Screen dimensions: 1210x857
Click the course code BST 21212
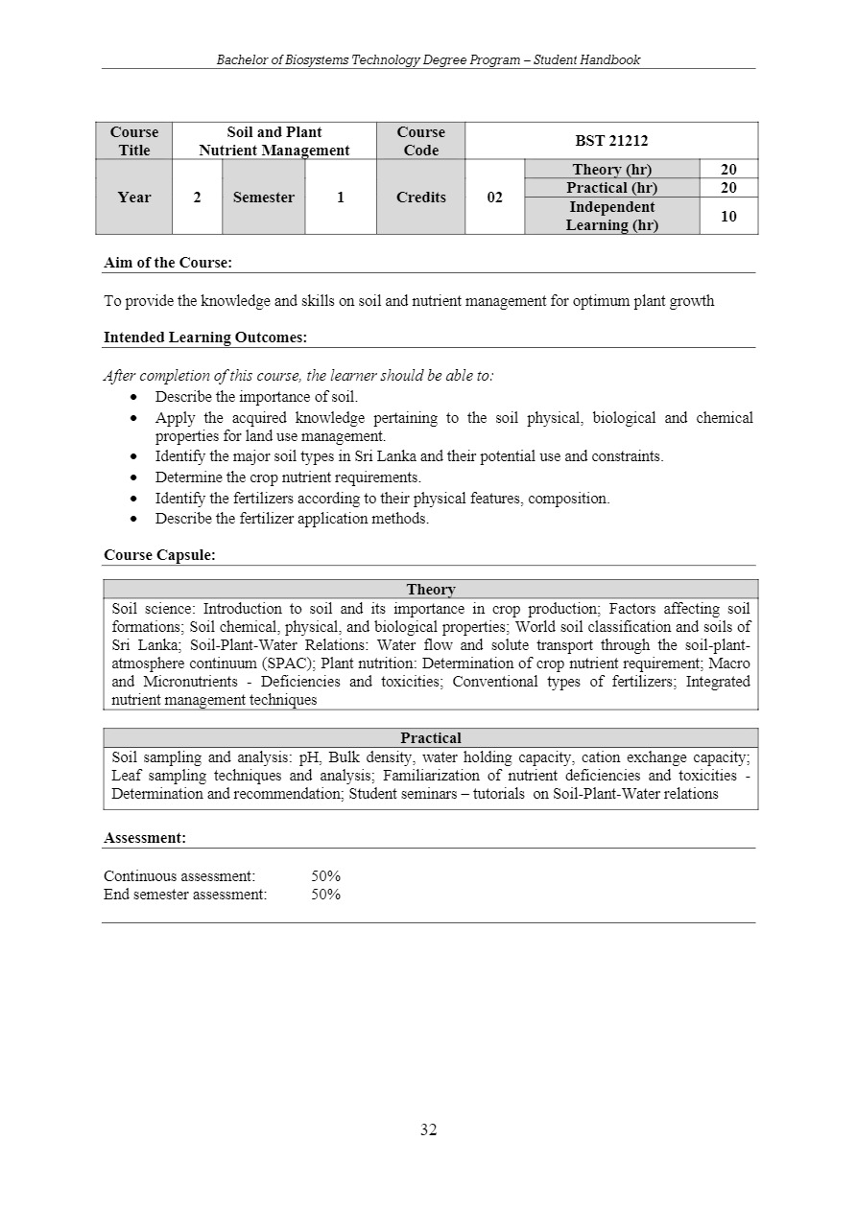tap(611, 141)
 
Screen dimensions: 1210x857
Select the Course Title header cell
tap(134, 141)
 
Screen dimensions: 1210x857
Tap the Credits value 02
tap(494, 198)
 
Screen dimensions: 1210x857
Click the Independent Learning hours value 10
tap(728, 216)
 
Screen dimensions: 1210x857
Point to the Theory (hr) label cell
tap(611, 170)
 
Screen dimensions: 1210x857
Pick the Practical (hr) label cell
tap(611, 188)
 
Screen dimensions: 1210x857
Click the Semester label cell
tap(263, 198)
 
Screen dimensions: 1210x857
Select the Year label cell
tap(134, 198)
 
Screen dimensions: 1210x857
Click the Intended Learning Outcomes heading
tap(204, 337)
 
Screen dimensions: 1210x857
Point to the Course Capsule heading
tap(159, 554)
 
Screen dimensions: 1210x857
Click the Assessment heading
tap(145, 838)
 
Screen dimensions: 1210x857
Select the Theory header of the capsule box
tap(431, 590)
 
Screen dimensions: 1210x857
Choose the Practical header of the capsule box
tap(431, 738)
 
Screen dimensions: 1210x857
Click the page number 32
tap(428, 1130)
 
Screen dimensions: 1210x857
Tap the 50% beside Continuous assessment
tap(326, 876)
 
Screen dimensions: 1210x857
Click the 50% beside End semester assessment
tap(326, 895)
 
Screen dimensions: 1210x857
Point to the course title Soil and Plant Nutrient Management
tap(274, 141)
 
